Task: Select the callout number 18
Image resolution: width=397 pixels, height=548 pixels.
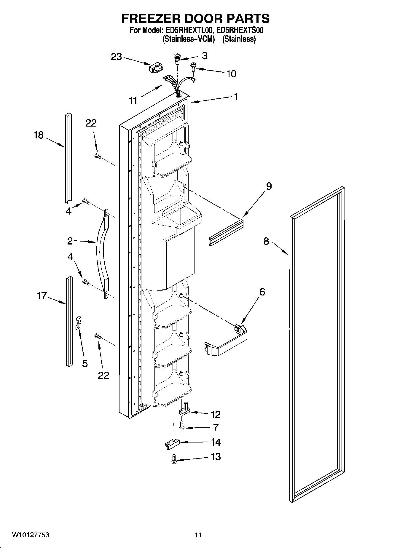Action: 39,135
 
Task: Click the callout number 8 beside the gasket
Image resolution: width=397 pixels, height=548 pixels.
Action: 266,241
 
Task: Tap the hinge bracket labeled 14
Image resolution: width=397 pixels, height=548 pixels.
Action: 172,444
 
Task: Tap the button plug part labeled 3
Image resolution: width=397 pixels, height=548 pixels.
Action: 177,58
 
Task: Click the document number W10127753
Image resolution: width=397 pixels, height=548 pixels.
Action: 31,535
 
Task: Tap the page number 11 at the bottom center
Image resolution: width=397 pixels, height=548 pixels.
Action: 198,535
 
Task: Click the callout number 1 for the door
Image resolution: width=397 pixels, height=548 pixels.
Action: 236,97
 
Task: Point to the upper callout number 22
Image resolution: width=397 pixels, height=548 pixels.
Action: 91,123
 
